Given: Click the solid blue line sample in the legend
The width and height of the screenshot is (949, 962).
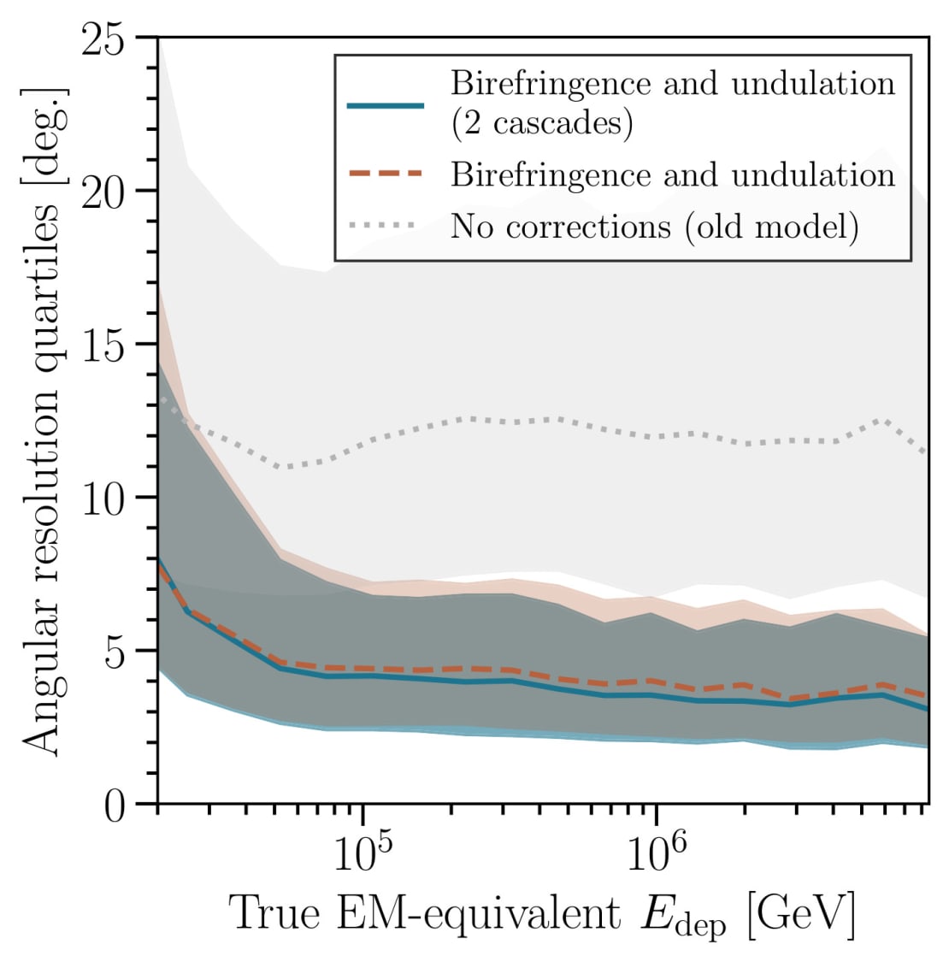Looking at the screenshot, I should tap(385, 105).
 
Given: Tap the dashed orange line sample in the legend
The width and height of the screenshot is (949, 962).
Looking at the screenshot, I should tap(385, 174).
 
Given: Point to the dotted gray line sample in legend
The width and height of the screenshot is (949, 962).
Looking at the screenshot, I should tap(385, 226).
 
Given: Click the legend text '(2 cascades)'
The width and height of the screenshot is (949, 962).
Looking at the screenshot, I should tap(542, 124).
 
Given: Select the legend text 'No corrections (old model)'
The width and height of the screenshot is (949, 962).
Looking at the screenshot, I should tap(654, 227).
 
